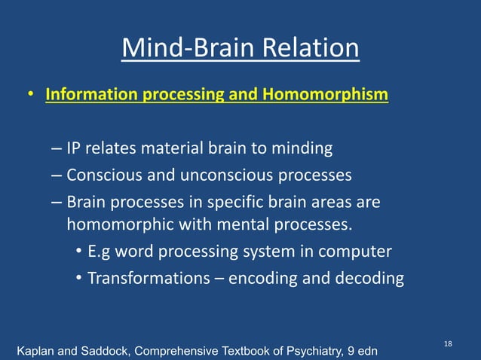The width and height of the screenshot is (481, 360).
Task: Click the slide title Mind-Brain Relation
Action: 240,49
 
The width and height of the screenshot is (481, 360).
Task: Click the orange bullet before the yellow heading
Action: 30,96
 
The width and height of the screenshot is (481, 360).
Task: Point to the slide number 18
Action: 448,343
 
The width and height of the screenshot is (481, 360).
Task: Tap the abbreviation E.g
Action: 100,252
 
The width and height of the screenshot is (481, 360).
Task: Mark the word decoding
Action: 370,278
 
